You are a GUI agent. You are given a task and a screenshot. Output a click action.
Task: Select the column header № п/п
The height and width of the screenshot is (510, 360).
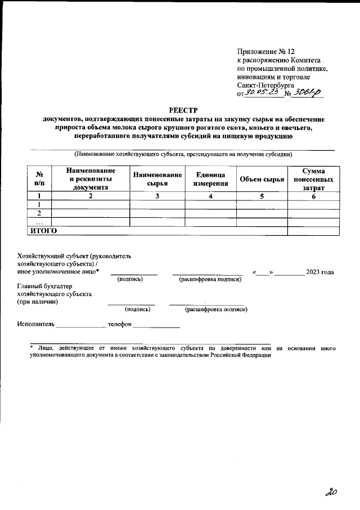(39, 178)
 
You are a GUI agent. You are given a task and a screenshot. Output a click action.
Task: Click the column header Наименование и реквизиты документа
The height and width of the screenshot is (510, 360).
(90, 178)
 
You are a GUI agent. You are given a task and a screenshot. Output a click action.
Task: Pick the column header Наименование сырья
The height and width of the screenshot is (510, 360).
(157, 178)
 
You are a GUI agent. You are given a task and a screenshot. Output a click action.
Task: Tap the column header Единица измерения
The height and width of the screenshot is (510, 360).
(210, 178)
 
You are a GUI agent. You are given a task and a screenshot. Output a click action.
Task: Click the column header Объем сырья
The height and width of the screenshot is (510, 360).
(262, 179)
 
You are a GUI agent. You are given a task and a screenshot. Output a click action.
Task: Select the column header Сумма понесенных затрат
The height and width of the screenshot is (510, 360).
(313, 178)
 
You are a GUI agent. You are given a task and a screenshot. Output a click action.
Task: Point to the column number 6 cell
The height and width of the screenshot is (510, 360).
(313, 196)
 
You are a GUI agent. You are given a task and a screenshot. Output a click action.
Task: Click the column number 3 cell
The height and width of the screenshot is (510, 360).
(157, 196)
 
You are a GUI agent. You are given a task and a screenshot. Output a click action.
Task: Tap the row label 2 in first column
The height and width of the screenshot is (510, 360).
(39, 213)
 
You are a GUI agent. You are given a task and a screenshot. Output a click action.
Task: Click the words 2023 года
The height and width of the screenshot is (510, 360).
(319, 272)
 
